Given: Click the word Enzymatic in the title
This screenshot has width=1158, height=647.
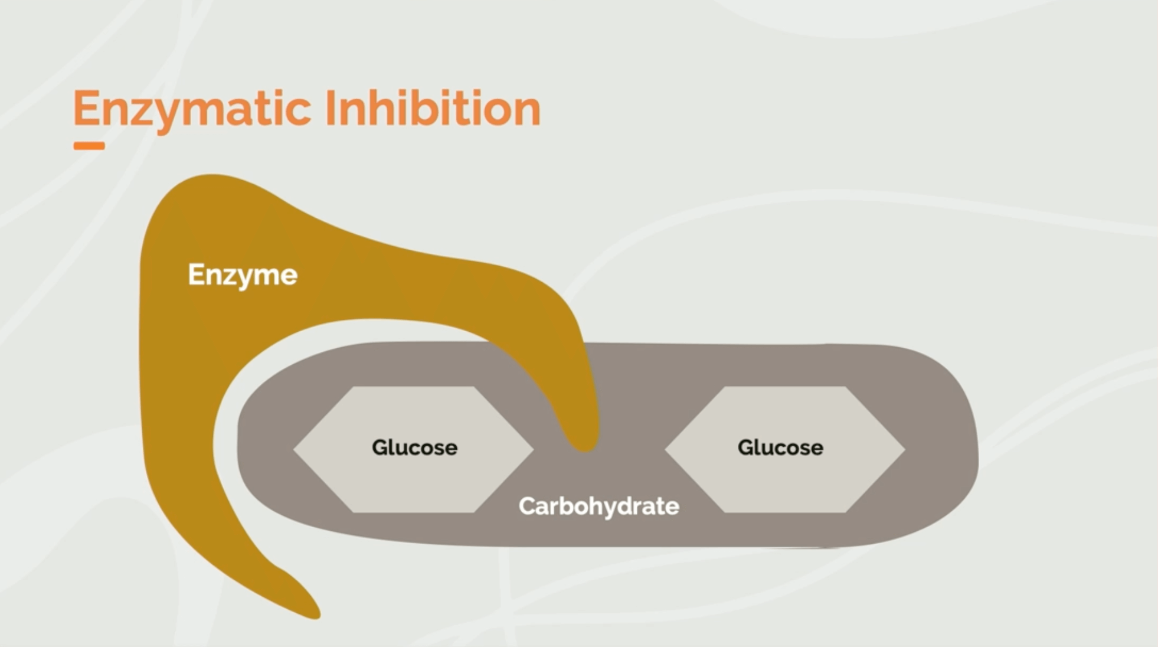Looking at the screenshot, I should point(192,109).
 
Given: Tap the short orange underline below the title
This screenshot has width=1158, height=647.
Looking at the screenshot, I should point(89,146).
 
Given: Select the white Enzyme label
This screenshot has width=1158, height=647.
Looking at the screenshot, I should point(243,275).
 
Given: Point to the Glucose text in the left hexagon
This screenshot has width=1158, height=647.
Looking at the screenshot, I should point(414,447).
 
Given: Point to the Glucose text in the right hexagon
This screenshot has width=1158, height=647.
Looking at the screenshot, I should point(780,447).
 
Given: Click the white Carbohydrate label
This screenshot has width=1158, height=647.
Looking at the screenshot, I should point(598,507).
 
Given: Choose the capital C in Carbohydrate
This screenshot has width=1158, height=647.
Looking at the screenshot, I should point(527,507).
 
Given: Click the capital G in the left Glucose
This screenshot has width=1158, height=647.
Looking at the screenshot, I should point(380,447).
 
